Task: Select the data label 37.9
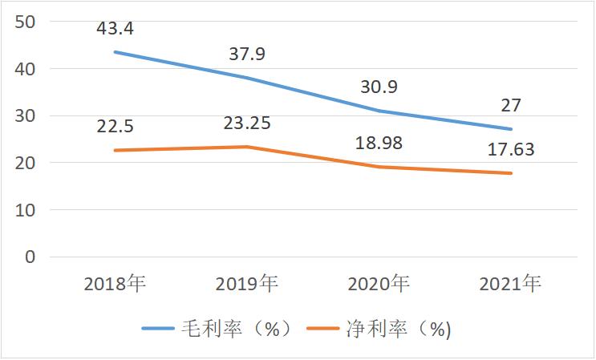(246, 55)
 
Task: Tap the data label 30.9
(379, 87)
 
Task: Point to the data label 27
(511, 106)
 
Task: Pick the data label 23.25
(246, 123)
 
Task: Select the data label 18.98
(379, 144)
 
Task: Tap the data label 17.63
(511, 149)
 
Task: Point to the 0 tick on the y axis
(30, 257)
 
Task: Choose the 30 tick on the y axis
(26, 115)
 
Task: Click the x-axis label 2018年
(115, 284)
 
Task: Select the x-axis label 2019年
(247, 284)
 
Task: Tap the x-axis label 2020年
(379, 284)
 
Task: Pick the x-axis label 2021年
(511, 284)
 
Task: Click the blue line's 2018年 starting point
(115, 52)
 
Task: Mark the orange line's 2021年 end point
(511, 173)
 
